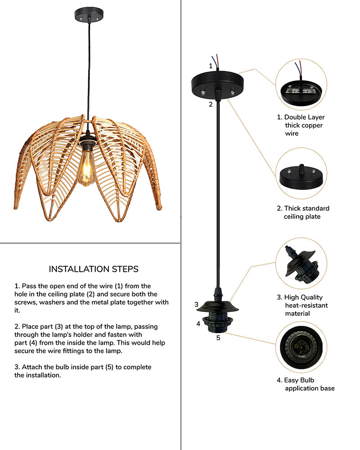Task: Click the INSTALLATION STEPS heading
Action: tap(94, 269)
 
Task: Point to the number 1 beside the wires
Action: tap(210, 66)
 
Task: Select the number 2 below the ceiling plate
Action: tap(210, 105)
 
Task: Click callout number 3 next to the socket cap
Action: tap(196, 305)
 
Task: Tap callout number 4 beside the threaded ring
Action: tap(198, 324)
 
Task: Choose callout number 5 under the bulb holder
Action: tap(218, 337)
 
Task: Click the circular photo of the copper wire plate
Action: tap(301, 85)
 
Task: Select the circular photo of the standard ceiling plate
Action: tap(301, 174)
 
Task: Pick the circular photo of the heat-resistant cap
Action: tap(301, 263)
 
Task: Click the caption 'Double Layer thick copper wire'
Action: tap(300, 125)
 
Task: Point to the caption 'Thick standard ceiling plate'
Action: tap(302, 212)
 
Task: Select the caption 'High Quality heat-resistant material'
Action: tap(302, 305)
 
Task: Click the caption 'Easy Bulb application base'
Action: tap(306, 384)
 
